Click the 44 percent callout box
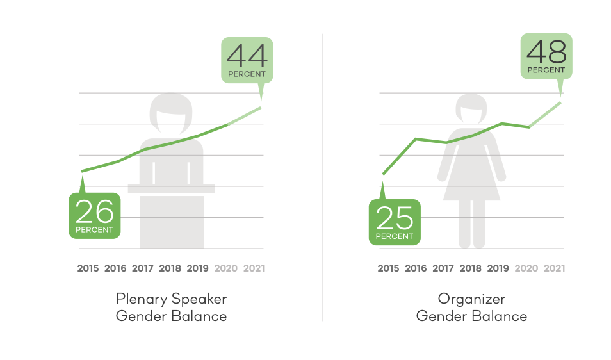click(x=247, y=60)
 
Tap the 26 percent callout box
click(x=95, y=215)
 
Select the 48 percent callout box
click(x=546, y=56)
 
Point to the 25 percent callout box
click(x=395, y=222)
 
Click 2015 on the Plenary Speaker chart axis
click(x=88, y=268)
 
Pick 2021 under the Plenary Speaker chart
click(x=254, y=268)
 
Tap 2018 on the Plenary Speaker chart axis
click(x=170, y=268)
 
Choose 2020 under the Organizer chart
click(x=526, y=268)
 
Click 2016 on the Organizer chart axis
click(x=416, y=268)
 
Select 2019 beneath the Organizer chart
click(x=498, y=268)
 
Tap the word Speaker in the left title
click(x=199, y=299)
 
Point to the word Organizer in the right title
click(x=471, y=299)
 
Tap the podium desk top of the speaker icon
click(x=171, y=188)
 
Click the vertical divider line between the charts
click(x=323, y=177)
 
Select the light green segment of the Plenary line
click(x=244, y=116)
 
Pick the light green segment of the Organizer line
click(x=545, y=115)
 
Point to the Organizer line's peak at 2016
click(x=416, y=139)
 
